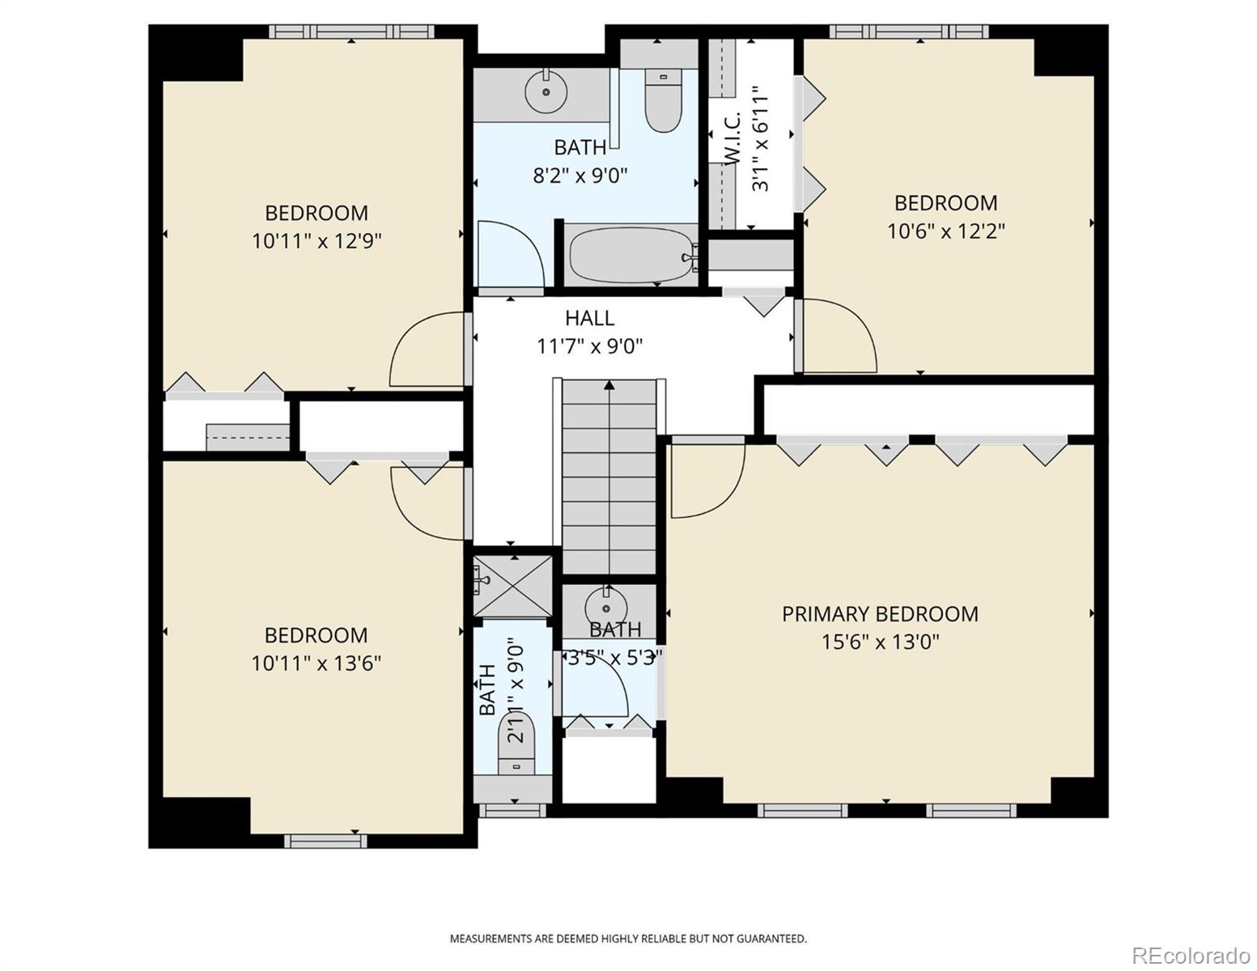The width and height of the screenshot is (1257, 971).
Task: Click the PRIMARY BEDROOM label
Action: pyautogui.click(x=880, y=614)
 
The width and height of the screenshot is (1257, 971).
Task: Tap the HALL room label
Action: pyautogui.click(x=589, y=318)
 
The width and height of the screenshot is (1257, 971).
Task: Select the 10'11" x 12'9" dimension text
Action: pyautogui.click(x=316, y=241)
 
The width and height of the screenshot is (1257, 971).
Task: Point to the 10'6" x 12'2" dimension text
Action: pyautogui.click(x=945, y=231)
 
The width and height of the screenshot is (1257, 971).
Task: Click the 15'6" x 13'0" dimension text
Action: pyautogui.click(x=880, y=642)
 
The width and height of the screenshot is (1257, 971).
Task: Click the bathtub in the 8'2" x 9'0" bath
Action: pyautogui.click(x=631, y=256)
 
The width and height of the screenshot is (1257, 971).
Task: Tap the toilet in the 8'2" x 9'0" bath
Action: pyautogui.click(x=663, y=103)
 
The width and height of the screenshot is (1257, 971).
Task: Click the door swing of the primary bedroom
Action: pyautogui.click(x=707, y=481)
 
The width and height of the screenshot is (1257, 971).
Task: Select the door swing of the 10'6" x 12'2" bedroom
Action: pyautogui.click(x=839, y=336)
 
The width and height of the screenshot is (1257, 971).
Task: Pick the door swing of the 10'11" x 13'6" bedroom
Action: pyautogui.click(x=427, y=502)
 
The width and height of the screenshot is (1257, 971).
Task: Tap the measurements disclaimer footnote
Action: pyautogui.click(x=628, y=939)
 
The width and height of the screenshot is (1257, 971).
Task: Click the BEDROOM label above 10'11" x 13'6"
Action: pyautogui.click(x=316, y=635)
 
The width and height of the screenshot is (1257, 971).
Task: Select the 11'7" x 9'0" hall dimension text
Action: pyautogui.click(x=589, y=347)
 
